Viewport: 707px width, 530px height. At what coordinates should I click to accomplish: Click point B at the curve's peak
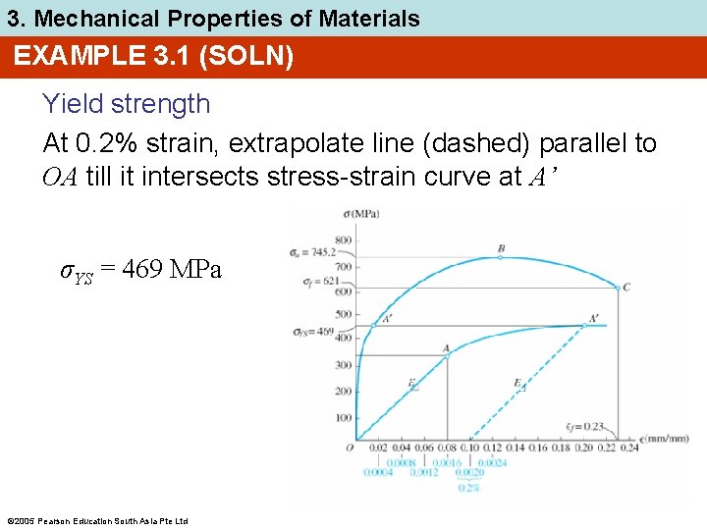(x=502, y=257)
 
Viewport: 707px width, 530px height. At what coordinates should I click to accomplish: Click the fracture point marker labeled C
(x=618, y=288)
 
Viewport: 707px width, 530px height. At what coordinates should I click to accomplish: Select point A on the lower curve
(x=447, y=355)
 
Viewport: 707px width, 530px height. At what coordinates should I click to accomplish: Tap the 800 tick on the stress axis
(x=342, y=239)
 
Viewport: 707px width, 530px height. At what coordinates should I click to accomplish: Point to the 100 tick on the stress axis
(x=342, y=418)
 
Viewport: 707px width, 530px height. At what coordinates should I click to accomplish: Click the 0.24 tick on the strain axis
(x=630, y=449)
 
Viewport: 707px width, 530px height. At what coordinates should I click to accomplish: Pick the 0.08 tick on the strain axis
(x=447, y=449)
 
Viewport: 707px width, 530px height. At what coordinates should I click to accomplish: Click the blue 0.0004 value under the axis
(x=378, y=472)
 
